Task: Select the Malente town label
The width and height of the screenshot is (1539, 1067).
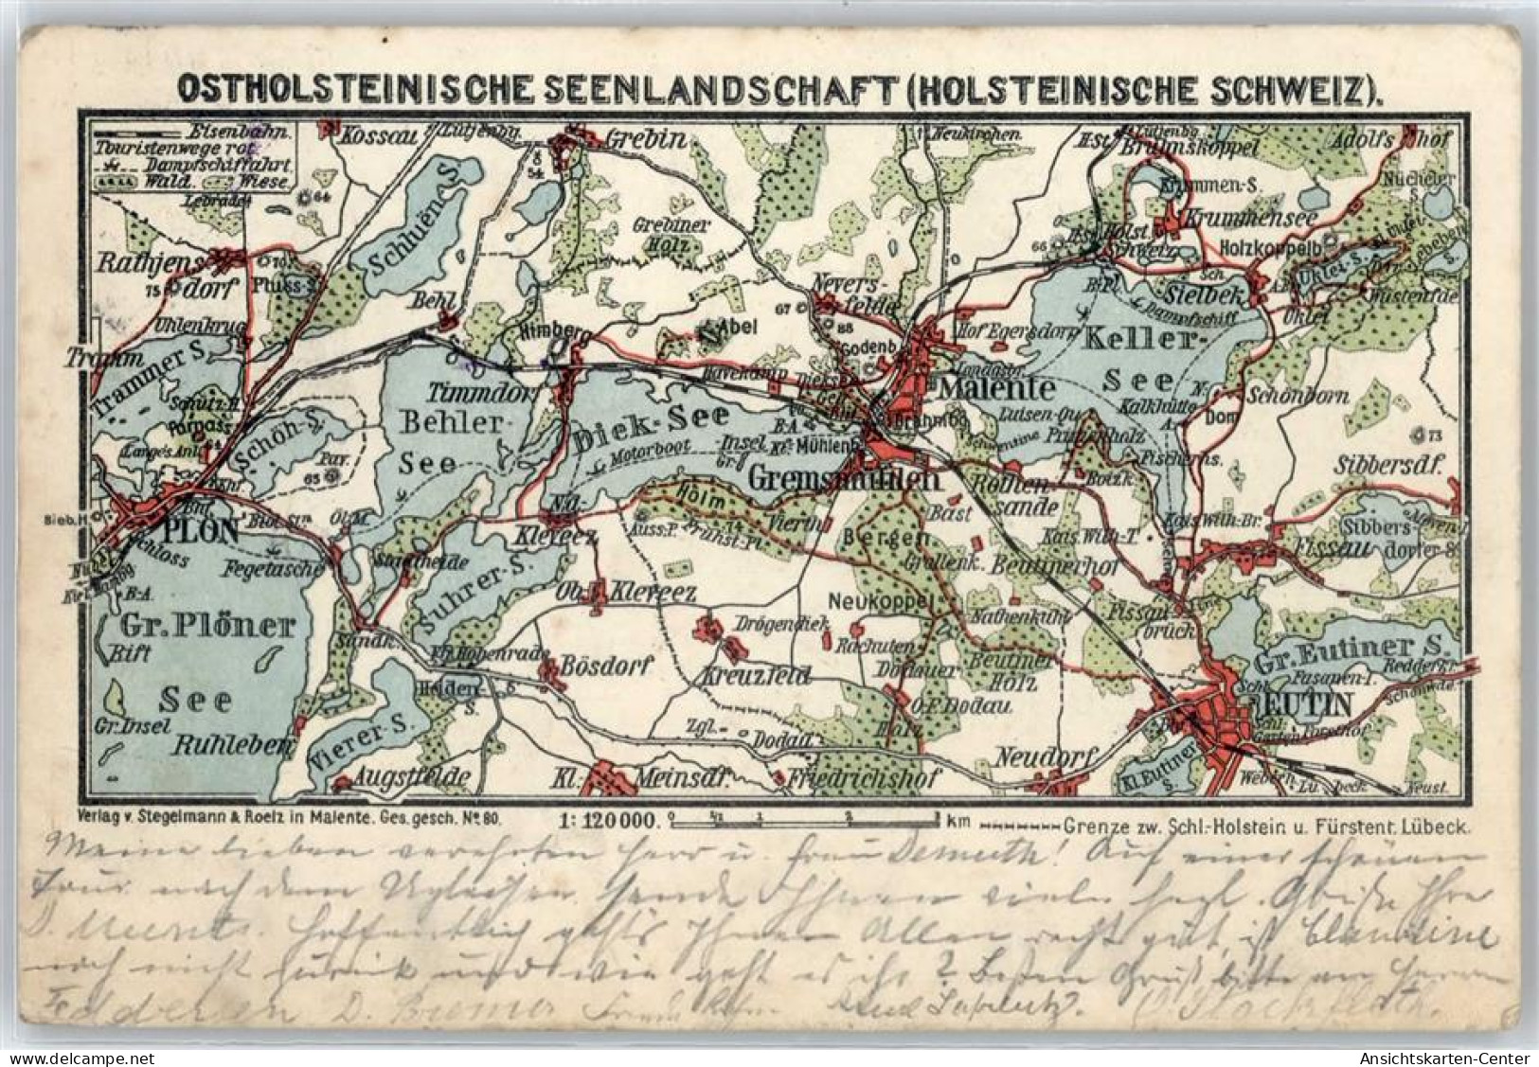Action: pos(996,388)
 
